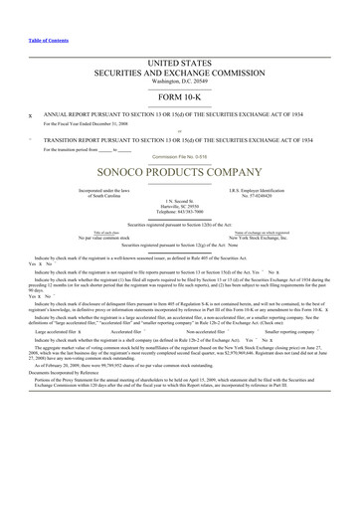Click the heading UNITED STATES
pos(179,64)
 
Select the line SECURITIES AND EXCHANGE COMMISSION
pos(179,74)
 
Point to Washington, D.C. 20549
pos(179,83)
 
